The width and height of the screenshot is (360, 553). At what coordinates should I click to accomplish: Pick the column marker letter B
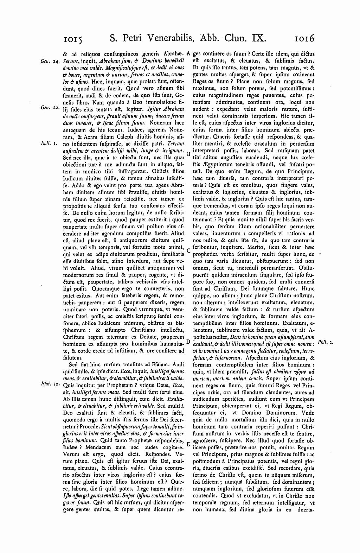(x=188, y=153)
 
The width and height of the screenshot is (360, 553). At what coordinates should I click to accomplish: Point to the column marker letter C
(x=188, y=251)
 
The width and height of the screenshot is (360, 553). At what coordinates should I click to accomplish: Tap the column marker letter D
(x=188, y=342)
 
